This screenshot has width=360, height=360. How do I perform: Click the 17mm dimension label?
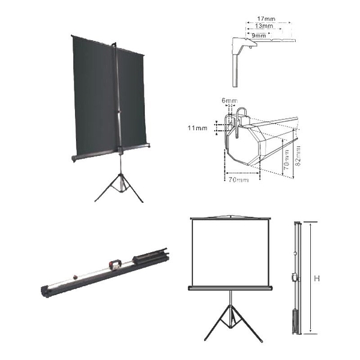266,19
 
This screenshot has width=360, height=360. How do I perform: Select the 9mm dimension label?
259,35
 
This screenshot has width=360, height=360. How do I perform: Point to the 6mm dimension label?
229,101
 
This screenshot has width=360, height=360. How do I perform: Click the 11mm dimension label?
197,128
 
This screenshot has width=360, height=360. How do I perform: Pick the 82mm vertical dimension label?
298,156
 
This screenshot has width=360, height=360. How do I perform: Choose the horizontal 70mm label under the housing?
238,179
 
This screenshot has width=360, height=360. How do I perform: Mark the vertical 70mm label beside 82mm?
287,160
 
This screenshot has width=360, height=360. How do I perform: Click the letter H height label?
317,278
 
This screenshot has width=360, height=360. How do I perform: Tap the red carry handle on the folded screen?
114,263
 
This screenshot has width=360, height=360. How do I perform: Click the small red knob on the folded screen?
75,277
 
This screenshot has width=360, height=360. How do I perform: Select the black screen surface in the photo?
109,97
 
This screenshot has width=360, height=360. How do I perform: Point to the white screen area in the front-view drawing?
230,253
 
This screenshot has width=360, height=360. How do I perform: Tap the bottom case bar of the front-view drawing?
230,288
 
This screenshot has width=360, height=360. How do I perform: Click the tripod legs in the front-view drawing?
233,323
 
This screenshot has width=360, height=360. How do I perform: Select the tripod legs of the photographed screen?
119,187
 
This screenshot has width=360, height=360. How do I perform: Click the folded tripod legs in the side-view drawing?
295,322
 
